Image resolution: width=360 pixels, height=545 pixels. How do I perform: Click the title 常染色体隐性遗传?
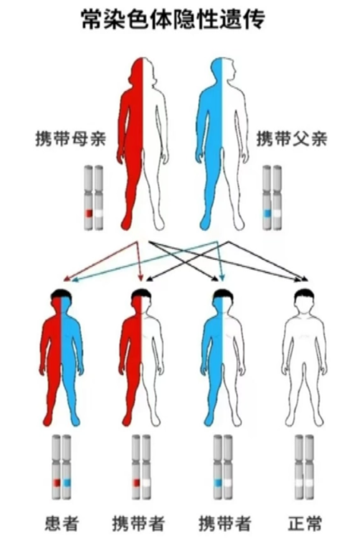point(173,20)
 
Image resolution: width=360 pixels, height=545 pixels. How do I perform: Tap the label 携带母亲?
point(71,139)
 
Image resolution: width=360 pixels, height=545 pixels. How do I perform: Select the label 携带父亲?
point(292,139)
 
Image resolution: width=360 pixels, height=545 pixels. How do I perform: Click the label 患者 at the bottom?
point(62,524)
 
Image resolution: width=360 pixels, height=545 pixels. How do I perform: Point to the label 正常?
point(305,524)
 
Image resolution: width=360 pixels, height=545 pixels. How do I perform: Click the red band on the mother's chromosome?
point(89,213)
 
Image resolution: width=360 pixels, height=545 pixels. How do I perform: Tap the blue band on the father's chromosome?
point(267,213)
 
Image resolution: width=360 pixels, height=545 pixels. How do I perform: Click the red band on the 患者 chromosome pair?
point(57,482)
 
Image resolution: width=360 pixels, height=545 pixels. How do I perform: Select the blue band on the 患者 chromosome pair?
point(67,482)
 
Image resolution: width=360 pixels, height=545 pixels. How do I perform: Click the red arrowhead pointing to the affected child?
point(66,279)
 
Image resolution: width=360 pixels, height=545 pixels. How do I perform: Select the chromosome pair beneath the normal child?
point(304,467)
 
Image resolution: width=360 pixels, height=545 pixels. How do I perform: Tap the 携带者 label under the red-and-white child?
point(138,524)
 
